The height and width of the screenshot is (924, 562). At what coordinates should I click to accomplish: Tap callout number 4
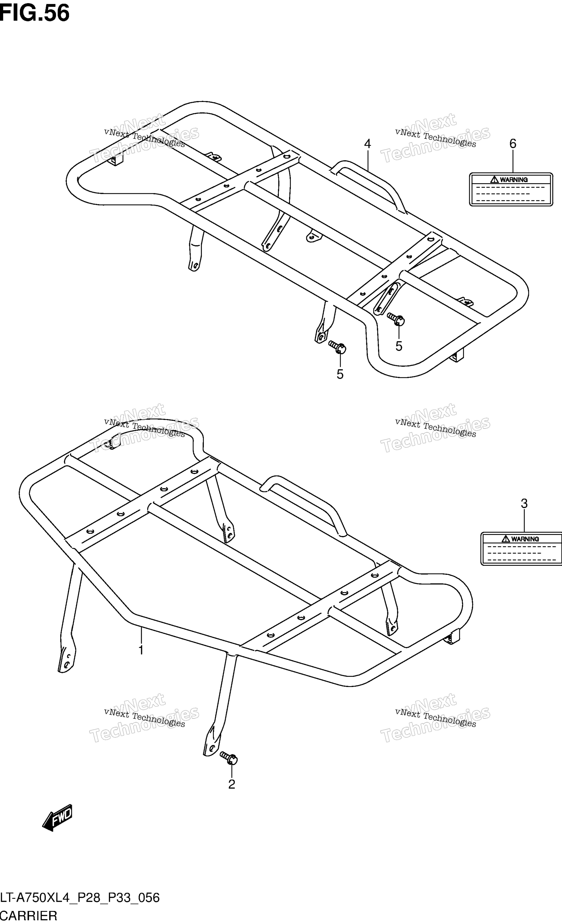click(x=367, y=144)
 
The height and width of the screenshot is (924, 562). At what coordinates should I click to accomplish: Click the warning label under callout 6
click(x=511, y=189)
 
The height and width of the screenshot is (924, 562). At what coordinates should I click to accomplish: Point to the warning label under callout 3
click(x=521, y=549)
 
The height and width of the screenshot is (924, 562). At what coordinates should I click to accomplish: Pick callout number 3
click(x=524, y=503)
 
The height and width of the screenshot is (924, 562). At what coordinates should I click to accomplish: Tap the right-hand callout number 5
click(x=398, y=346)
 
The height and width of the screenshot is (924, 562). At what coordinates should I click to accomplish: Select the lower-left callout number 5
click(x=340, y=374)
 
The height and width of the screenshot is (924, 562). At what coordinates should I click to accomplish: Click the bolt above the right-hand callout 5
click(x=396, y=319)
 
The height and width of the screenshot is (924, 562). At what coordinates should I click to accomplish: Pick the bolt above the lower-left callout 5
click(x=337, y=347)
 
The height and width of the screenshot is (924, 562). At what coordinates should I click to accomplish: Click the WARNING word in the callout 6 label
click(x=513, y=180)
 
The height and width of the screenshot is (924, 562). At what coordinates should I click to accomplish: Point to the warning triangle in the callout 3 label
click(x=505, y=539)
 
